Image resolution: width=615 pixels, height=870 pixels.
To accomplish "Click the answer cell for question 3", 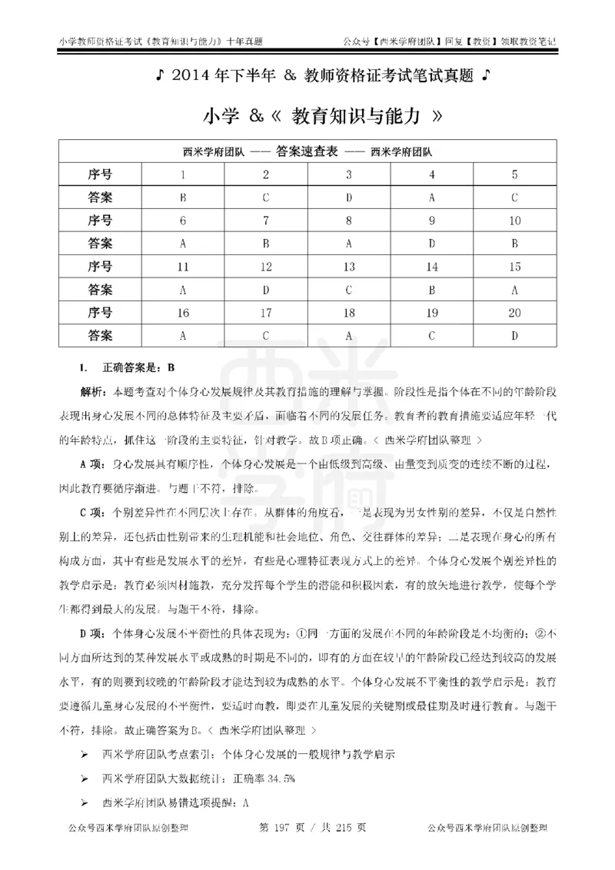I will (x=349, y=198).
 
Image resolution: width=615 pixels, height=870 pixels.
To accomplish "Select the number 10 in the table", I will (x=514, y=221).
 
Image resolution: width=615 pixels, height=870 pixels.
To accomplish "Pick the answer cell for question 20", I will (x=514, y=336).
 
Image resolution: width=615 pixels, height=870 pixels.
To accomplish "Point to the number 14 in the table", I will (x=432, y=267).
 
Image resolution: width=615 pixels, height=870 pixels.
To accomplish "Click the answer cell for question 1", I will (x=183, y=198).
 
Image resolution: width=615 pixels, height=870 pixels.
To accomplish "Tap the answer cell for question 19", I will (x=432, y=336).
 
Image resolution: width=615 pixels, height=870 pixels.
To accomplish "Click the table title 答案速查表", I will (x=307, y=151).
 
